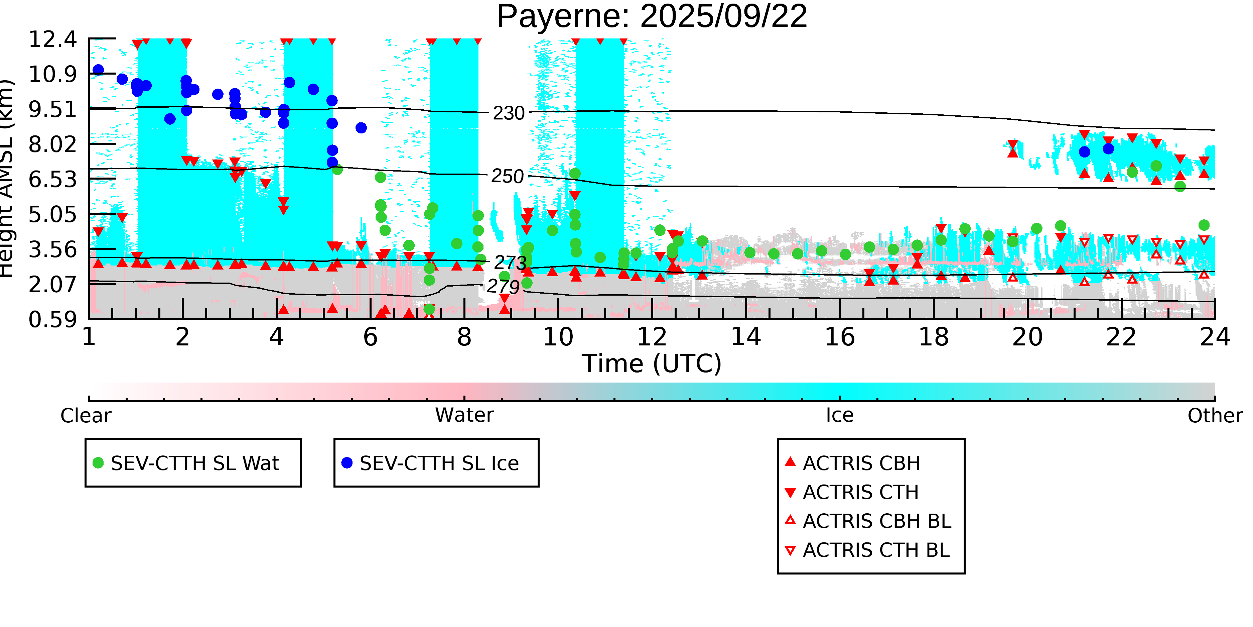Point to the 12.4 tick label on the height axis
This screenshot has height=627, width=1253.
(52, 39)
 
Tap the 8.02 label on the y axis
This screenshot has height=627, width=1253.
(52, 144)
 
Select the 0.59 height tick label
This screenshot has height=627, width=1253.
(52, 320)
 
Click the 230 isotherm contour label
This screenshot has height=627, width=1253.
(509, 113)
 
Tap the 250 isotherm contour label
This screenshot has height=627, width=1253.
(507, 176)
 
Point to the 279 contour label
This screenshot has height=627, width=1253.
(503, 286)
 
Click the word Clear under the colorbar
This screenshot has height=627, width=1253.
(86, 416)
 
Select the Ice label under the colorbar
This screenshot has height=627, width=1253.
(840, 415)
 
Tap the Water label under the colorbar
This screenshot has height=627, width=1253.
(464, 415)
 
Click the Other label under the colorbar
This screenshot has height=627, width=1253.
(1215, 416)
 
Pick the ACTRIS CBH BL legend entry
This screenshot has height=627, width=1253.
(876, 521)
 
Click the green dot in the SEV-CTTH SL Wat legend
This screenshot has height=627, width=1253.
(98, 463)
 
